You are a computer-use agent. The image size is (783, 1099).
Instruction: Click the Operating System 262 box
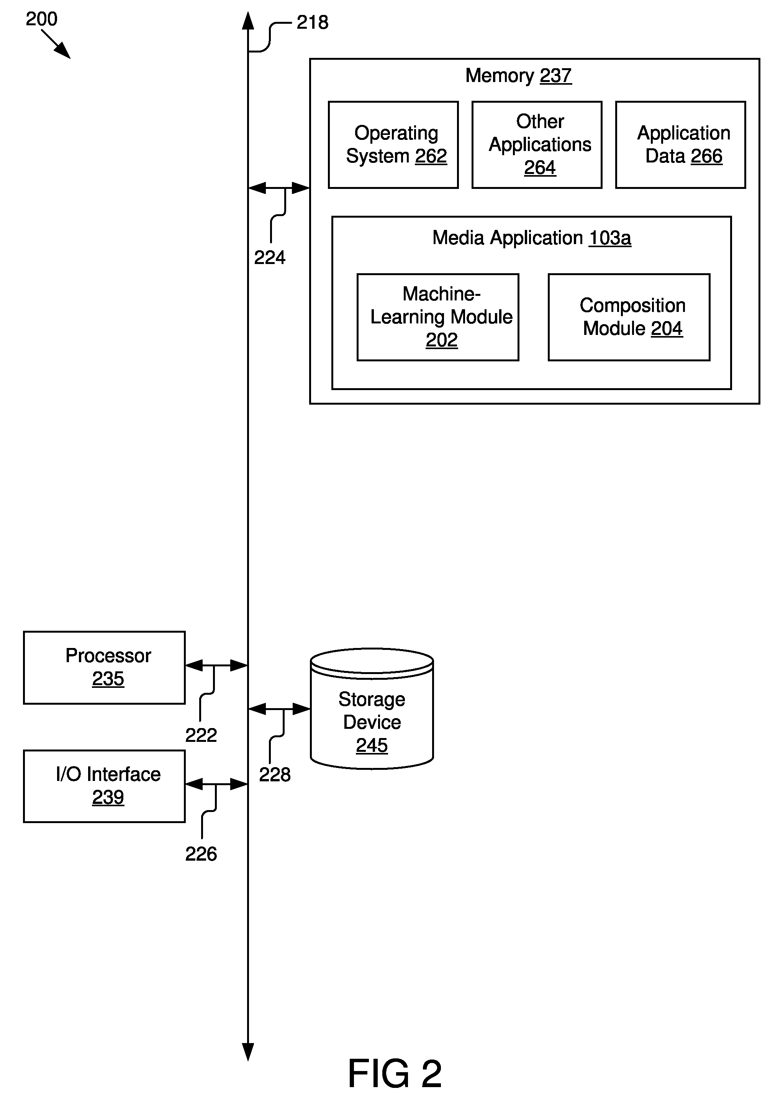point(393,145)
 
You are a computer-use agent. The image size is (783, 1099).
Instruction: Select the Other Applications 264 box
point(537,145)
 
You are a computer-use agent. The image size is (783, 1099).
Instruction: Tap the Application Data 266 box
point(680,145)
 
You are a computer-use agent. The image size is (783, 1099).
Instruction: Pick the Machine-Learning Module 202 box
point(438,317)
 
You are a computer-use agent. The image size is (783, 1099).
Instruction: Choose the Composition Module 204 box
point(629,317)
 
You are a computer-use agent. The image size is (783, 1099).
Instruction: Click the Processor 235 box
point(104,668)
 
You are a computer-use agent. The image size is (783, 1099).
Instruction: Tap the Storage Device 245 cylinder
point(372,709)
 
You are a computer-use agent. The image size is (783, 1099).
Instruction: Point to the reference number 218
point(313,22)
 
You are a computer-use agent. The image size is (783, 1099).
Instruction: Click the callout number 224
point(270,258)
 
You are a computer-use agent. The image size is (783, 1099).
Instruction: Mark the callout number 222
point(201,735)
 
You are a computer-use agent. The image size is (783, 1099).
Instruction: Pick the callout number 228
point(275,774)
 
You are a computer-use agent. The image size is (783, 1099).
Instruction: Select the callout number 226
point(201,853)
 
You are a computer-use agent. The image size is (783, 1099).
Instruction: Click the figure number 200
point(41,19)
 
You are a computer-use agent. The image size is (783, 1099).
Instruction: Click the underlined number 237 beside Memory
point(555,76)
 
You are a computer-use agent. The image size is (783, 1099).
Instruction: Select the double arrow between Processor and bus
point(216,666)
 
